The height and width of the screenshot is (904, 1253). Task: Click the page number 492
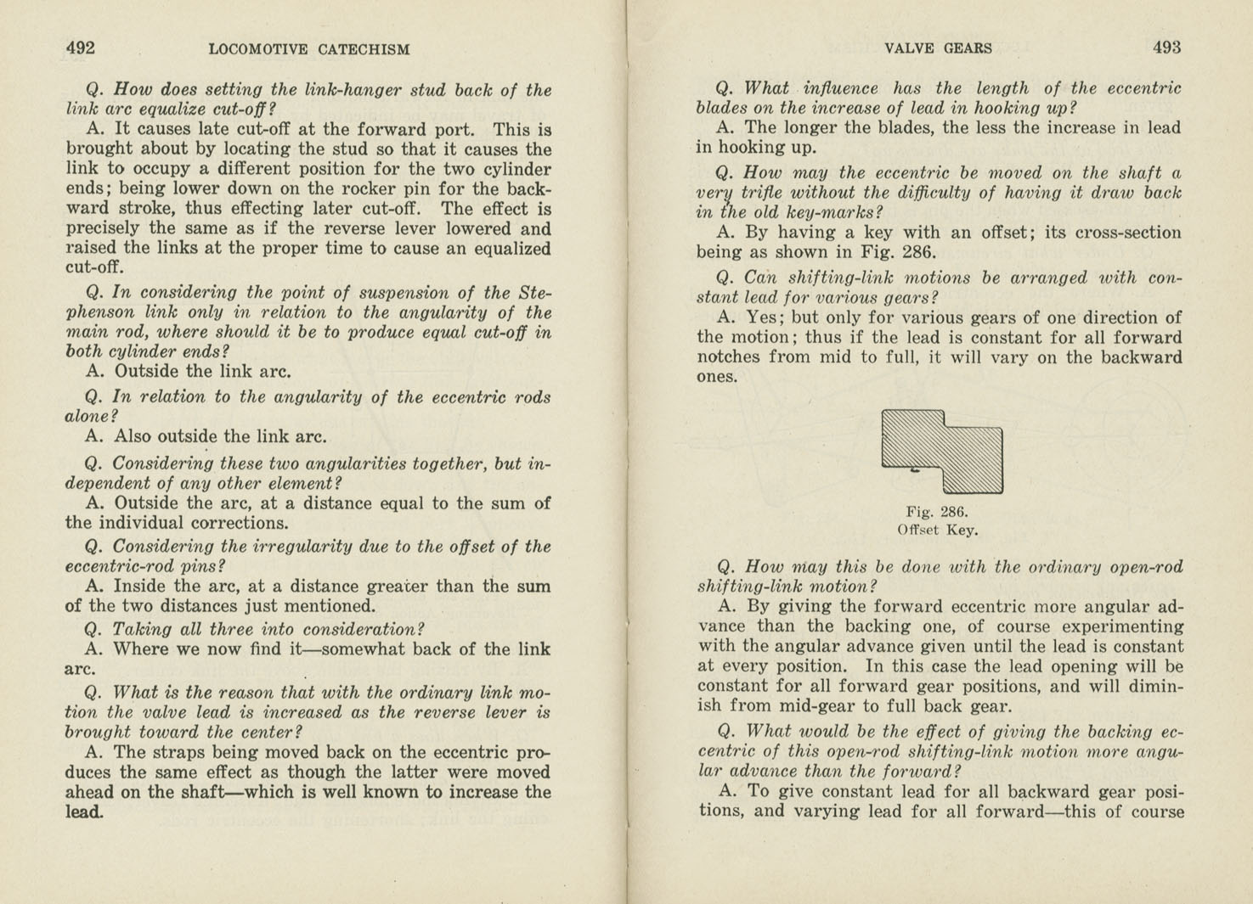coord(81,48)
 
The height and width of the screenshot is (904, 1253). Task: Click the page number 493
coord(1166,48)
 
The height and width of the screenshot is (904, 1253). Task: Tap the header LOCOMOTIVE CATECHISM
coord(309,49)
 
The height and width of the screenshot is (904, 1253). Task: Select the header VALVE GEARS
coord(938,48)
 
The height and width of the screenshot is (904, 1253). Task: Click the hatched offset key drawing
coord(943,451)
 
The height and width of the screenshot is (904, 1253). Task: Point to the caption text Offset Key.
coord(937,531)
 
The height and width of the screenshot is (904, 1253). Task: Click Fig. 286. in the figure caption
coord(937,512)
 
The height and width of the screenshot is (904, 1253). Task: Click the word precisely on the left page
coord(104,229)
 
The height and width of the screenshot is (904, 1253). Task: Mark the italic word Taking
coord(141,629)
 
